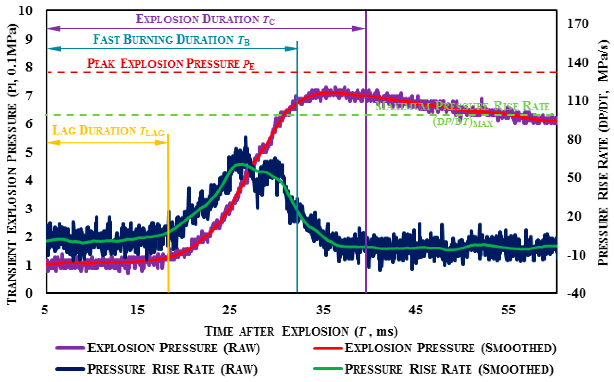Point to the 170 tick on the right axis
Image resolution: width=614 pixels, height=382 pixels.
click(x=577, y=24)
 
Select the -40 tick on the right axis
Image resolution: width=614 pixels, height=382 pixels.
click(x=576, y=293)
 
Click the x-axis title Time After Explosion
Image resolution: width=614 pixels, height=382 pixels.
click(x=301, y=331)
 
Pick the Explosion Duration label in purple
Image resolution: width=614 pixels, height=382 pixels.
click(x=205, y=20)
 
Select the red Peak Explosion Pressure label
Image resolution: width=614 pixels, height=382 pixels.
click(x=171, y=64)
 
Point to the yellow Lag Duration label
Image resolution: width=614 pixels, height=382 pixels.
click(x=108, y=131)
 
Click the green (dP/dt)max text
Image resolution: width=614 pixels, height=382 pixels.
click(x=463, y=122)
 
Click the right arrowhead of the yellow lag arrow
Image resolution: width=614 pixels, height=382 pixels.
click(x=162, y=143)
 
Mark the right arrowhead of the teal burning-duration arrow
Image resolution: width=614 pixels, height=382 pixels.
click(x=291, y=49)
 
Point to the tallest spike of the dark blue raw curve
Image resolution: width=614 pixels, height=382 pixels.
click(x=245, y=138)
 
